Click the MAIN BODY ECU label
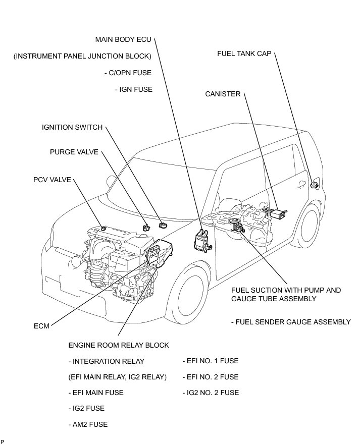point(123,39)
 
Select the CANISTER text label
point(223,94)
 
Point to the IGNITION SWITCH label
point(72,127)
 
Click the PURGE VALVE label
point(74,152)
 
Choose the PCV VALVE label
point(52,179)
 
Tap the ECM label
point(41,326)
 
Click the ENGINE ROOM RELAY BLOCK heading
point(118,345)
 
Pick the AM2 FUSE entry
point(88,424)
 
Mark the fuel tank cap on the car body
point(315,184)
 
